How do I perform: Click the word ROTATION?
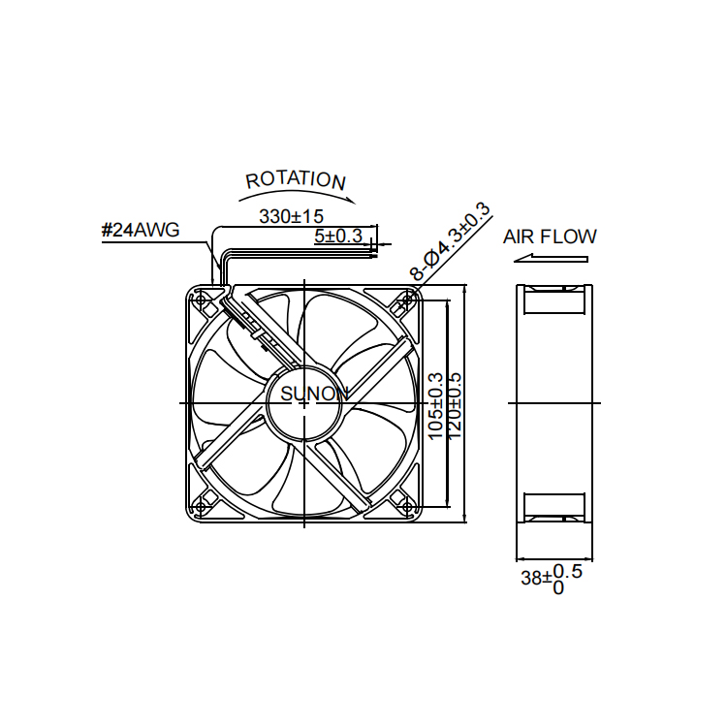coord(296,180)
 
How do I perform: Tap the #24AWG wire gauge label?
coord(141,230)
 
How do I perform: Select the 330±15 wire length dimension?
coord(291,216)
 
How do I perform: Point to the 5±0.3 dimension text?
coord(338,236)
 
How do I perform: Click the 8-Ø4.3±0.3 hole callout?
coord(450,241)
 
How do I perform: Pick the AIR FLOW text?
coord(550,237)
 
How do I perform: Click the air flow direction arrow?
coord(551,258)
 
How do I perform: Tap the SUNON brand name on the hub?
coord(314,394)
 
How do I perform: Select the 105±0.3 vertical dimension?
coord(435,406)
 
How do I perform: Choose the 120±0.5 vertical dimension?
coord(455,406)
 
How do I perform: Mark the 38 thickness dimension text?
coord(531,578)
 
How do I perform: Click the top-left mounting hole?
coord(201,300)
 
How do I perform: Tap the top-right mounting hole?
coord(407,300)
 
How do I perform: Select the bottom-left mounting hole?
coord(201,507)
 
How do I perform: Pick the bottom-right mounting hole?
coord(407,507)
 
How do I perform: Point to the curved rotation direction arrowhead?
coord(350,200)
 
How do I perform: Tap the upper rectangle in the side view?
coord(554,300)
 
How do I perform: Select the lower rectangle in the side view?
coord(554,508)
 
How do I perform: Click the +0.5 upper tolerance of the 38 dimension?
coord(567,571)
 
